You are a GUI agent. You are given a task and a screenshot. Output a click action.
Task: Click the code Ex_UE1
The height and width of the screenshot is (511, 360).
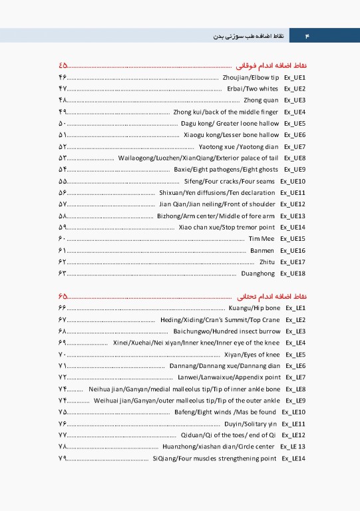tap(294, 78)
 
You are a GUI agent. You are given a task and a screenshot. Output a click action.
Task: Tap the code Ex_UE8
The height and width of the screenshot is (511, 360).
tap(294, 158)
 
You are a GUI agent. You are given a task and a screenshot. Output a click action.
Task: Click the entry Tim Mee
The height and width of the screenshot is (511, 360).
tap(261, 239)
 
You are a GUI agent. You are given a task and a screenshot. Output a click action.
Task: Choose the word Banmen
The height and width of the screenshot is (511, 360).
tap(262, 251)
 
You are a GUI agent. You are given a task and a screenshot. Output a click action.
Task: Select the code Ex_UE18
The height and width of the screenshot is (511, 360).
tap(293, 273)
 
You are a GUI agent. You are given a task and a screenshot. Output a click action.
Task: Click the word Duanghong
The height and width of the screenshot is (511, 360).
tap(258, 273)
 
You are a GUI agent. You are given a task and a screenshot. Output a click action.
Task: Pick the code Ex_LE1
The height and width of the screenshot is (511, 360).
tap(295, 309)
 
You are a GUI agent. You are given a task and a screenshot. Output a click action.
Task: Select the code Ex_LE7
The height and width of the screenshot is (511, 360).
tap(295, 378)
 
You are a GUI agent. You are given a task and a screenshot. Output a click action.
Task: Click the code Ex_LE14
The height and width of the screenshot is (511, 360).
tap(293, 458)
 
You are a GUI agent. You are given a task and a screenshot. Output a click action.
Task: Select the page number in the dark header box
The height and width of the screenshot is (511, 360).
tap(307, 34)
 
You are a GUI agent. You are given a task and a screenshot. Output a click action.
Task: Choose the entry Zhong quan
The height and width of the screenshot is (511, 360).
tap(260, 100)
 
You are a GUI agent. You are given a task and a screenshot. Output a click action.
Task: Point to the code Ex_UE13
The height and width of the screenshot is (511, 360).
tap(293, 216)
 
